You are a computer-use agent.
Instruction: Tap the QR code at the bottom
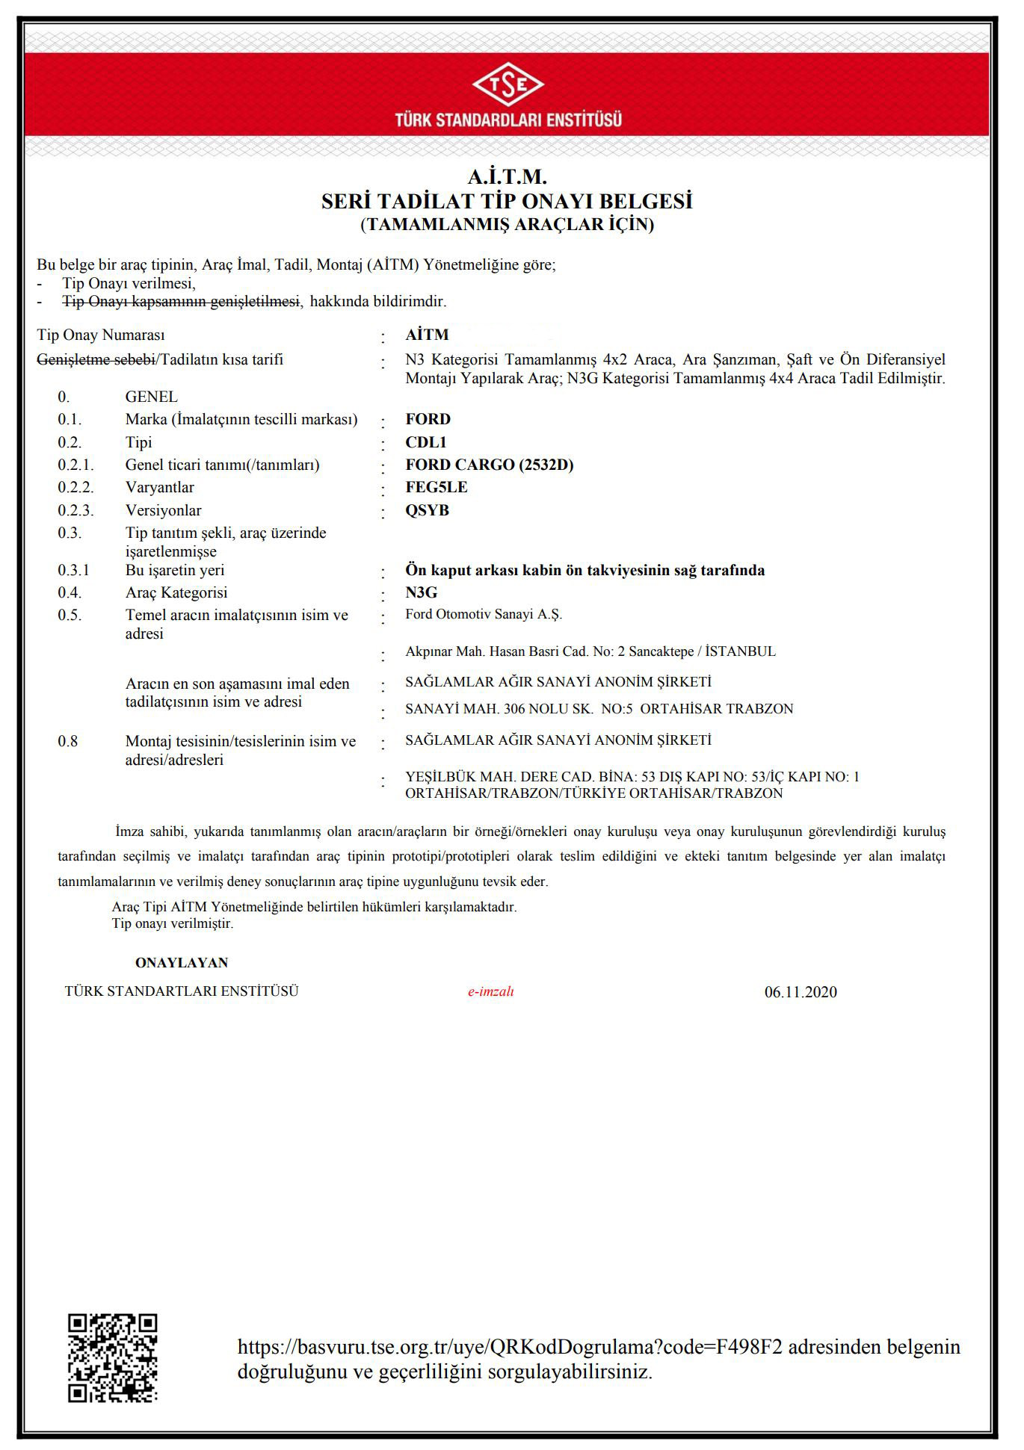coord(113,1357)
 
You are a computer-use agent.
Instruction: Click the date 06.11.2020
coord(801,992)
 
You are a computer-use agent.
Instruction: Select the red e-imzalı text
coord(490,991)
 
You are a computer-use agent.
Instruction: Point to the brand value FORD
coord(428,419)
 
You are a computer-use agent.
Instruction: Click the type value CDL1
coord(425,442)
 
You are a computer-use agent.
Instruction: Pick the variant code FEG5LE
coord(436,487)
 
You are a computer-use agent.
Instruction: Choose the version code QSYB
coord(427,510)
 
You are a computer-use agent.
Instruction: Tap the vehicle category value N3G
coord(421,592)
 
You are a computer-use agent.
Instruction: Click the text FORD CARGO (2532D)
coord(489,465)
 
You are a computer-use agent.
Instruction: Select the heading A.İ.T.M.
coord(508,177)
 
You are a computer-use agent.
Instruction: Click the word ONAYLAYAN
coord(182,962)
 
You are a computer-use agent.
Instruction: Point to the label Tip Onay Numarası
coord(101,335)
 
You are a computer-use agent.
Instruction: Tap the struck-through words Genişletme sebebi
coord(96,359)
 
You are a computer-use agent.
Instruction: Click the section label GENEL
coord(152,397)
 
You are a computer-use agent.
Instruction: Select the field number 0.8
coord(68,741)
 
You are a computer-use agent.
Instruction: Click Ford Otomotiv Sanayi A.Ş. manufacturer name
coord(483,614)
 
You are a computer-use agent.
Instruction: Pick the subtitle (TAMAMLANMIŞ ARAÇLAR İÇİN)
coord(508,224)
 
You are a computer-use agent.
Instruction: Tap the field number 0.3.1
coord(73,570)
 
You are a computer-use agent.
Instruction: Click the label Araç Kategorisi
coord(176,592)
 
